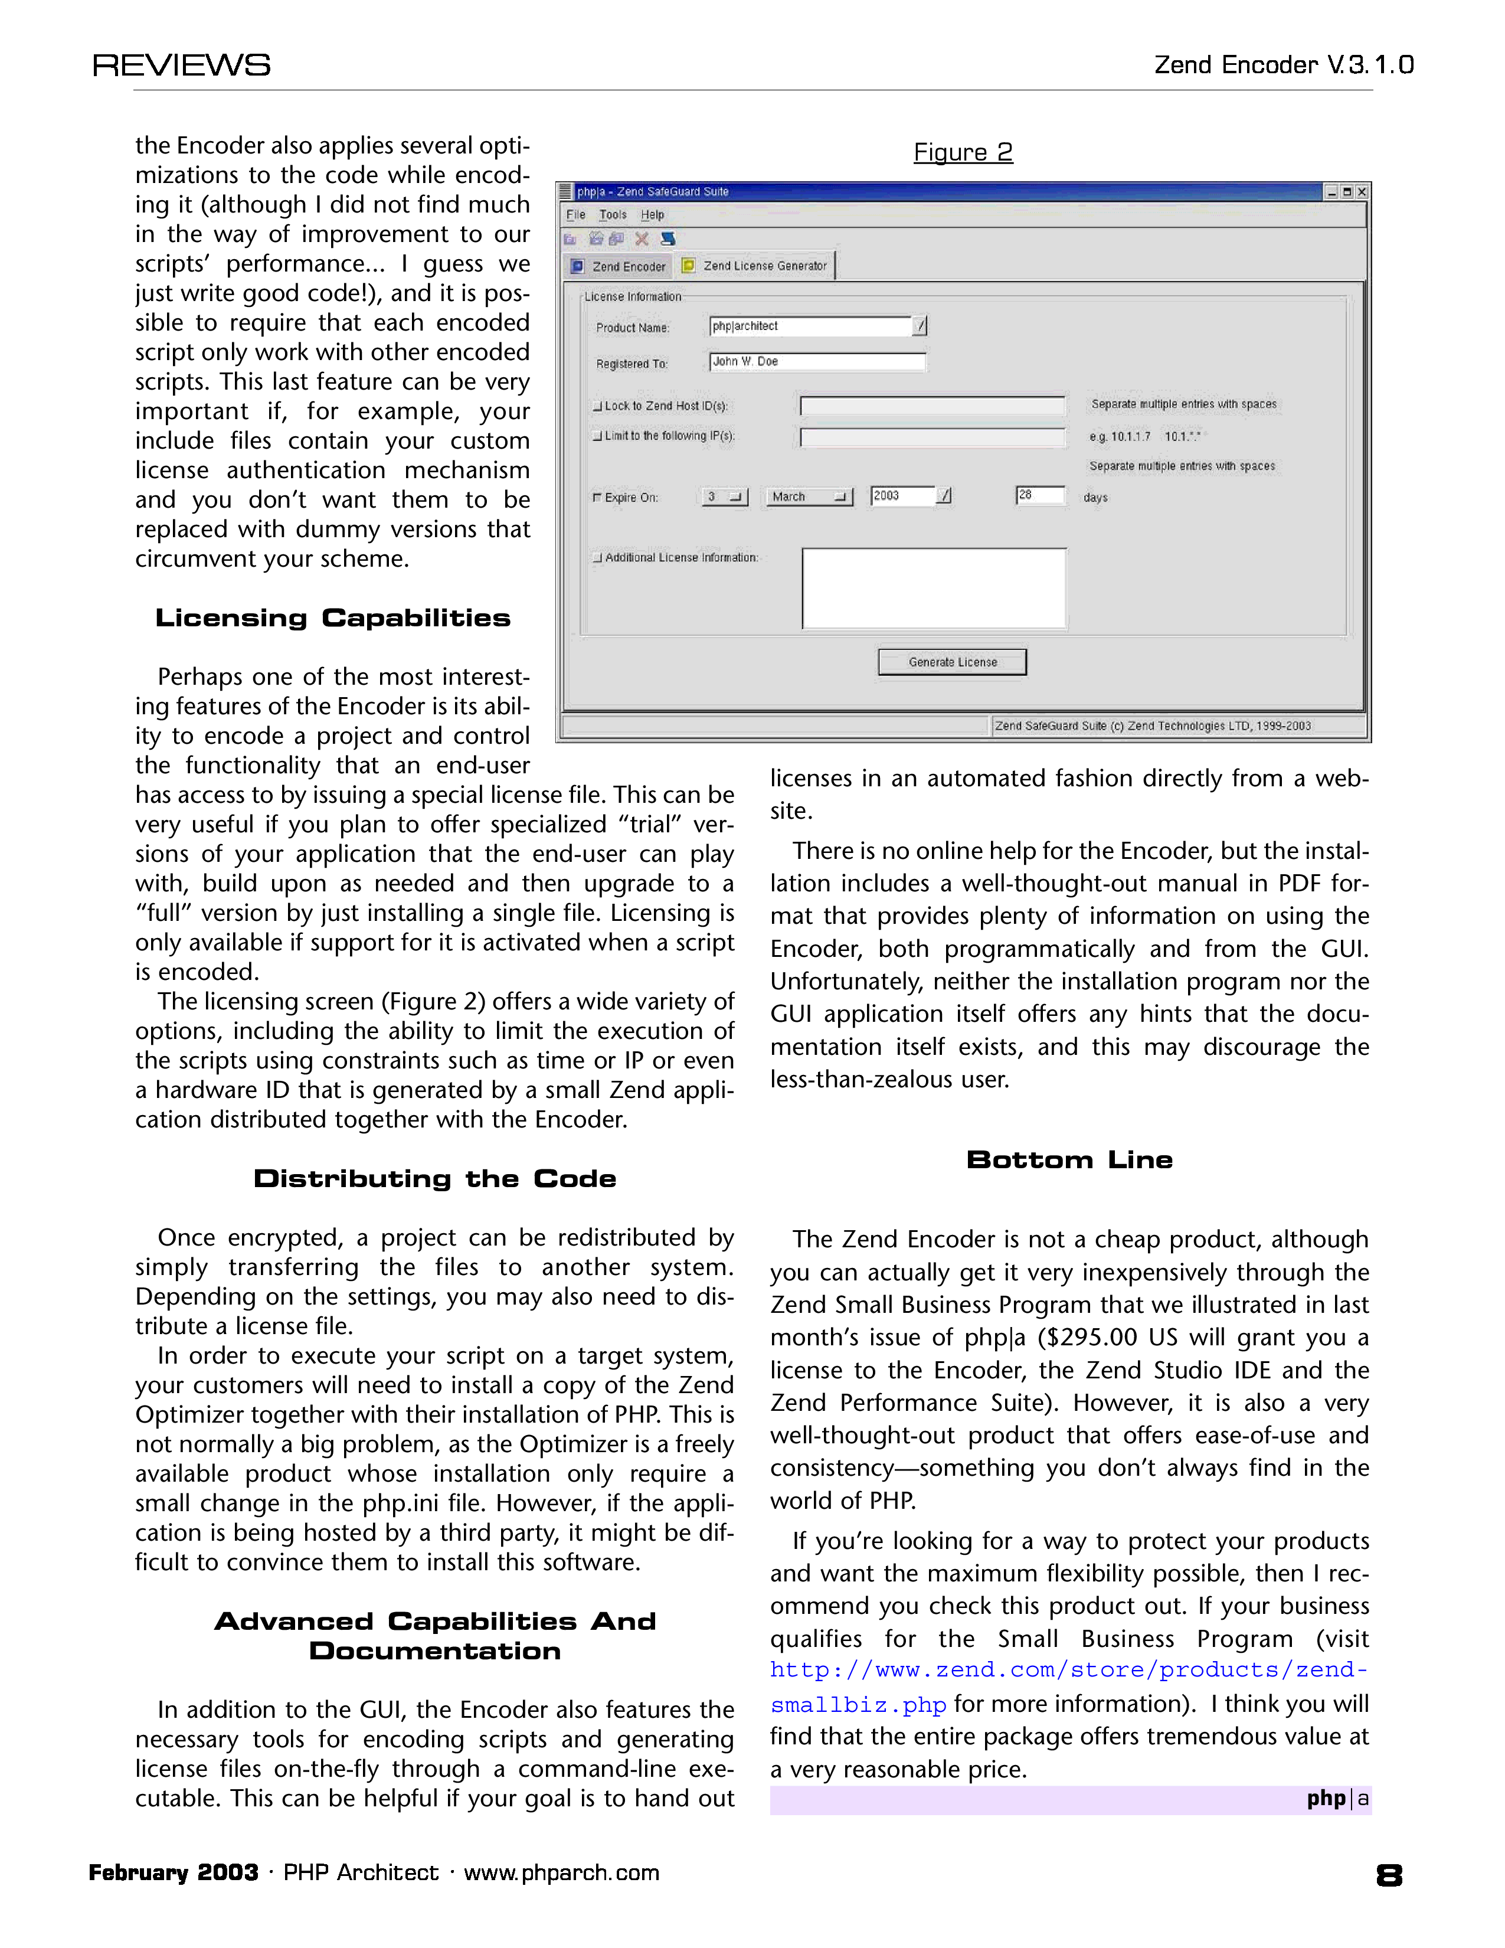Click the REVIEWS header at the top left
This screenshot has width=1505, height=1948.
pyautogui.click(x=181, y=65)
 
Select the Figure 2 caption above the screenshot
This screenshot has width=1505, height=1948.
pyautogui.click(x=963, y=152)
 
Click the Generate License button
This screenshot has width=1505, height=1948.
pyautogui.click(x=952, y=662)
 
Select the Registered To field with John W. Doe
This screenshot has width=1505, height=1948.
pyautogui.click(x=817, y=361)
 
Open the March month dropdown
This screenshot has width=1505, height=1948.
pyautogui.click(x=809, y=497)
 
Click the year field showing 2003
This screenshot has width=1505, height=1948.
pyautogui.click(x=902, y=496)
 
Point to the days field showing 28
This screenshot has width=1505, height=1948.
pyautogui.click(x=1039, y=495)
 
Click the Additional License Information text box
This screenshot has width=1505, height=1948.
pyautogui.click(x=934, y=589)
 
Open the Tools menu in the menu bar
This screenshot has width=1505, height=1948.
pyautogui.click(x=613, y=215)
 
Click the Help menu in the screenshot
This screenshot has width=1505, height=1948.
pyautogui.click(x=653, y=215)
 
